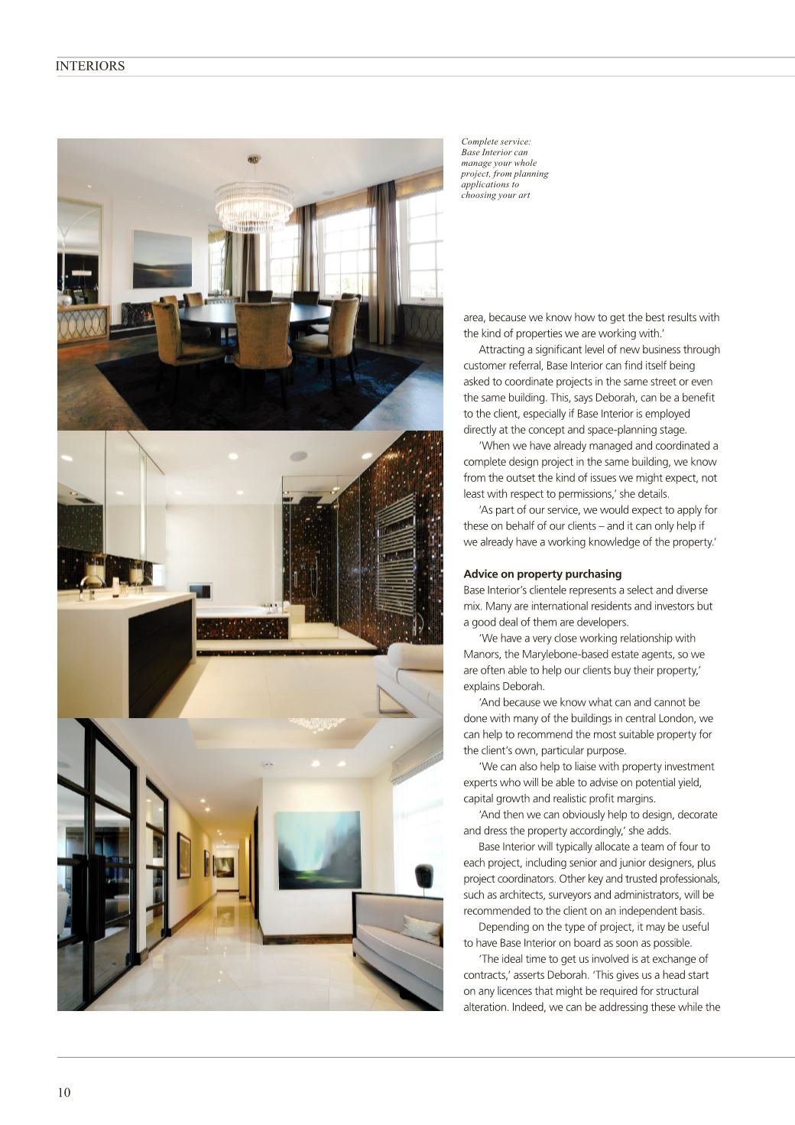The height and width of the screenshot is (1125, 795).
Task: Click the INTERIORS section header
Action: [x=90, y=67]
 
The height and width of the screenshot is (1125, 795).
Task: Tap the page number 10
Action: [x=63, y=1092]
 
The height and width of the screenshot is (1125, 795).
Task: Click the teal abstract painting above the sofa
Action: [x=317, y=850]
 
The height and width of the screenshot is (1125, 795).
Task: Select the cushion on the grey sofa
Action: [x=420, y=929]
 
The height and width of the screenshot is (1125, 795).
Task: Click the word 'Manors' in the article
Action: [x=480, y=655]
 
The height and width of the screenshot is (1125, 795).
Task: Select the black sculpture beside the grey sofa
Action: [x=422, y=876]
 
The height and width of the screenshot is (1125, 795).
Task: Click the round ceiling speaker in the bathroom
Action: [x=299, y=457]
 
